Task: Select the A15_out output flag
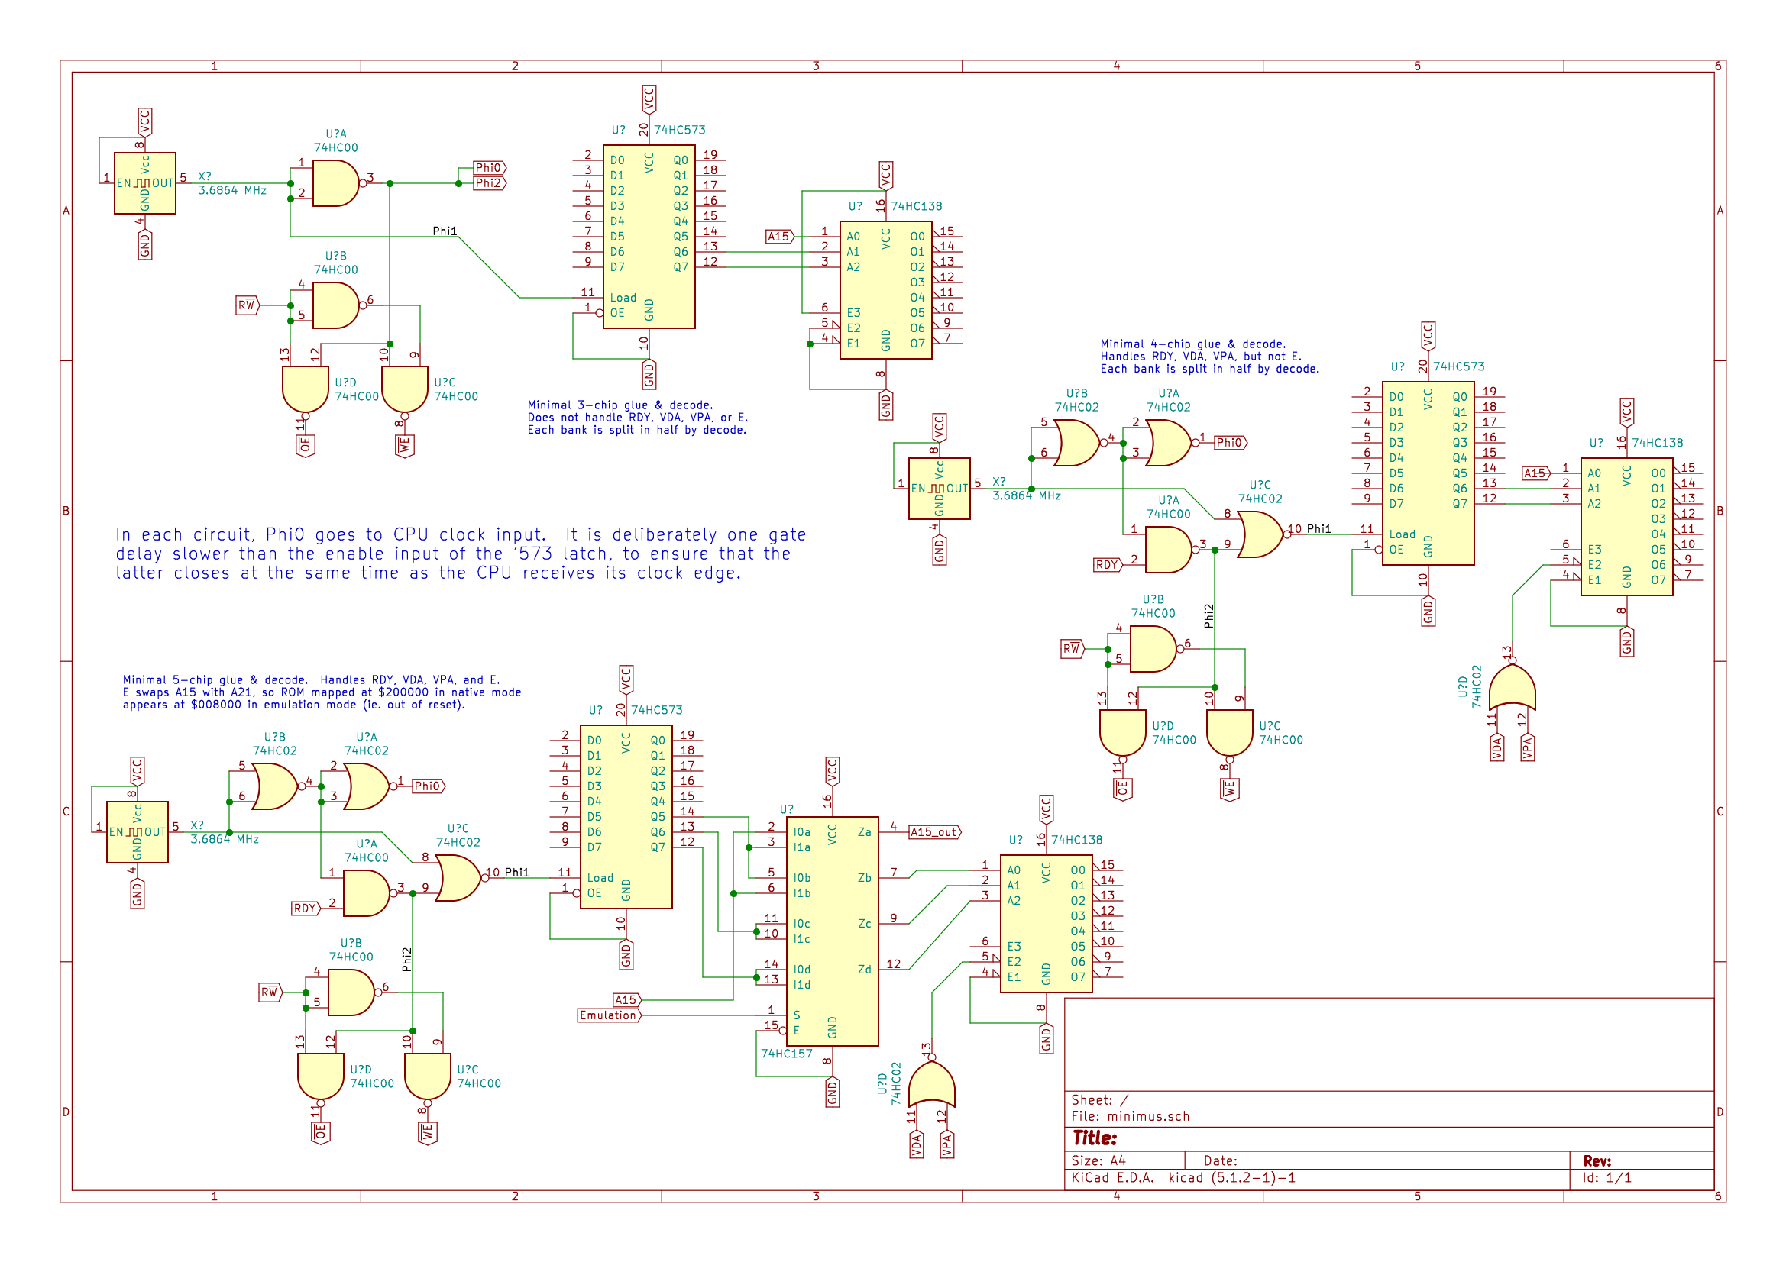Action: coord(934,832)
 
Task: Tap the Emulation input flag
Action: coord(608,1015)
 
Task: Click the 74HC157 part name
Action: coord(786,1054)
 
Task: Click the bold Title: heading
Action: coord(1095,1138)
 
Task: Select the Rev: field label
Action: coord(1597,1161)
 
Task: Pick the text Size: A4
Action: coord(1098,1161)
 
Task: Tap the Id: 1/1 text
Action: coord(1607,1178)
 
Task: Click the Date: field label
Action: coord(1221,1161)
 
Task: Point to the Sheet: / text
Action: coord(1099,1100)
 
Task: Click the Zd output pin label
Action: coord(864,970)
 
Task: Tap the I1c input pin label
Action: coord(801,939)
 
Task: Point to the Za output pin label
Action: coord(864,832)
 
